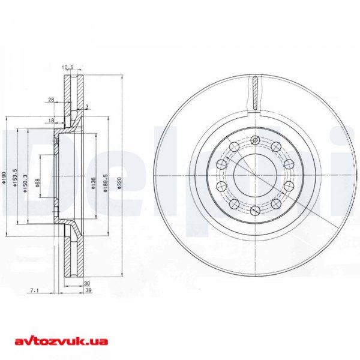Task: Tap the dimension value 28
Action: coord(51,100)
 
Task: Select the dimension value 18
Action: coord(51,120)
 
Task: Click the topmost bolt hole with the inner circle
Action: coord(255,141)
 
